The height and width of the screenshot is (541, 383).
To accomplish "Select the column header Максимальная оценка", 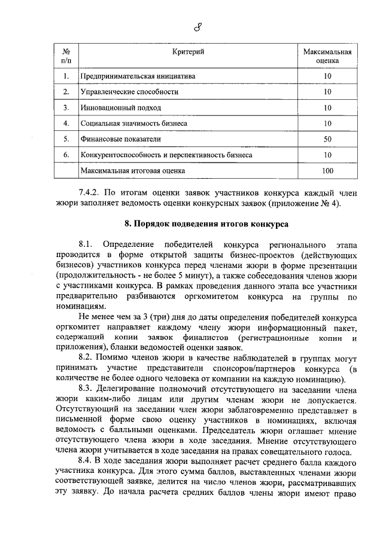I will (327, 56).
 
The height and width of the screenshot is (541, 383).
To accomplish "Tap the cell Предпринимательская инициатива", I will (138, 77).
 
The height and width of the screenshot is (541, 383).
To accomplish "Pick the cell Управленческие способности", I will (129, 92).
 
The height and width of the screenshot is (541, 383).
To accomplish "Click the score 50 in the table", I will (327, 139).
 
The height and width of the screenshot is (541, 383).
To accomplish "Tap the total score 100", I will (327, 170).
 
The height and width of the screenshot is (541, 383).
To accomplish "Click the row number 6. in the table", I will (66, 155).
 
